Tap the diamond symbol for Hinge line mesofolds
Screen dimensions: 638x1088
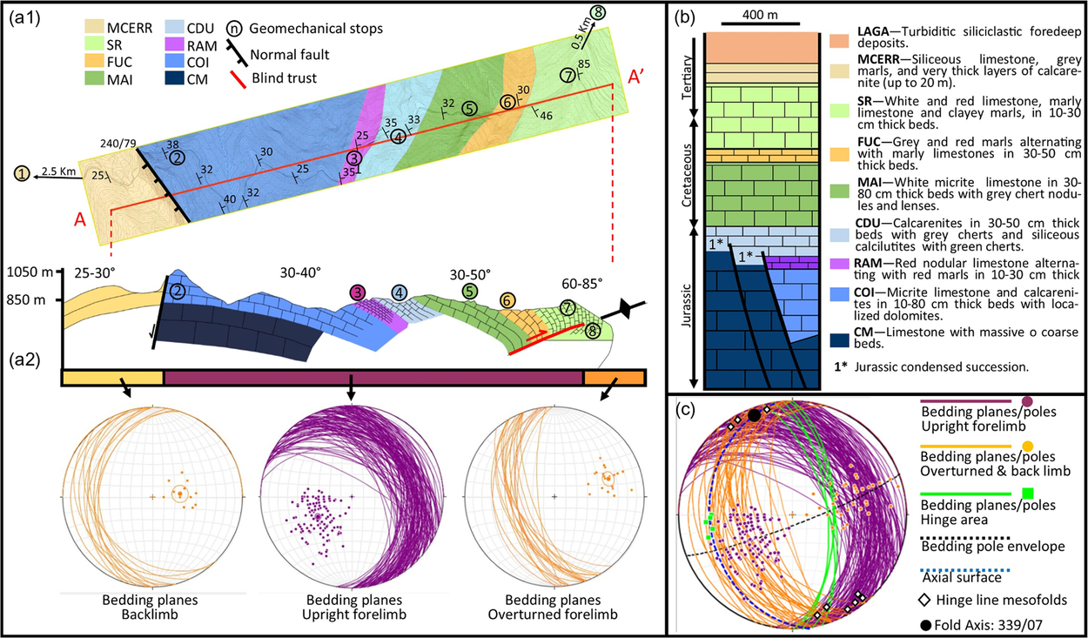926,601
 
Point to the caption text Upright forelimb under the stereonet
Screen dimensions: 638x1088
351,614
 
